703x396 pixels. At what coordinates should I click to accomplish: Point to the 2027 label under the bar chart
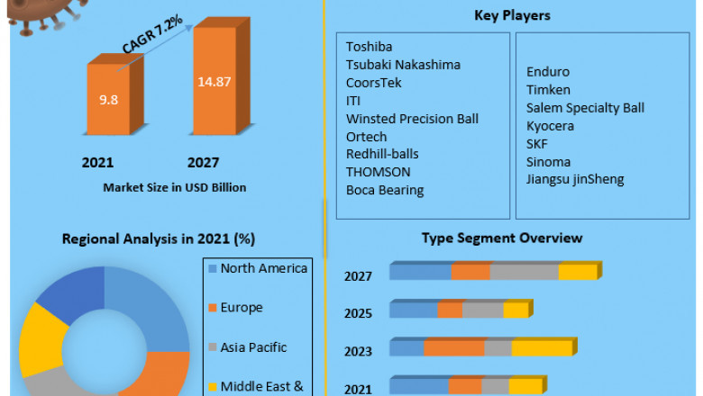click(203, 163)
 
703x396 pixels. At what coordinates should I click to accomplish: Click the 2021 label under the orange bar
click(97, 163)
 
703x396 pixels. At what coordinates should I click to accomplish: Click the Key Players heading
click(512, 15)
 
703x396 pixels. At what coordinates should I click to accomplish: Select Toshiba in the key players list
click(369, 47)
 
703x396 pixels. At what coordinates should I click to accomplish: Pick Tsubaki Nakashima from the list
click(403, 65)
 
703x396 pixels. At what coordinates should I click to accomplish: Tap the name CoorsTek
click(373, 83)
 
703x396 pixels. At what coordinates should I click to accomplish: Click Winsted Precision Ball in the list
click(412, 119)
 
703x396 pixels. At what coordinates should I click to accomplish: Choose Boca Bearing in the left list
click(384, 190)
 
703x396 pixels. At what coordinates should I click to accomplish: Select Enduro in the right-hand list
click(548, 72)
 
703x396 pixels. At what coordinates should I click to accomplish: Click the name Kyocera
click(550, 126)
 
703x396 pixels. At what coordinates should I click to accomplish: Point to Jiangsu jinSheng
click(575, 179)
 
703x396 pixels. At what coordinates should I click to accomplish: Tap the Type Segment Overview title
click(502, 238)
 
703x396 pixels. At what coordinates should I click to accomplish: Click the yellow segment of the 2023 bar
click(542, 348)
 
